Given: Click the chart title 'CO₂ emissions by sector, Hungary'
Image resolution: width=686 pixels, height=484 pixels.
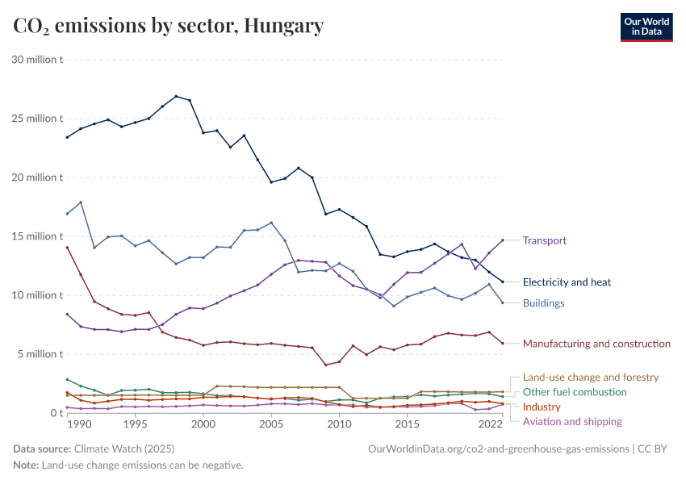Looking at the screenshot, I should (x=169, y=26).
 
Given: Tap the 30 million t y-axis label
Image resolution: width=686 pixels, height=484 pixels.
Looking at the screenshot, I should (x=37, y=60).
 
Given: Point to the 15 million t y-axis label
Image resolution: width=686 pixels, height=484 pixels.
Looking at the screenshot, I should (x=37, y=236).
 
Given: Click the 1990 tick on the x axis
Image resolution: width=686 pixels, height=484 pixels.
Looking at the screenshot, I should (x=79, y=424).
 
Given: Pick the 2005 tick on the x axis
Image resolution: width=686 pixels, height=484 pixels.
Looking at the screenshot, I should (x=271, y=424).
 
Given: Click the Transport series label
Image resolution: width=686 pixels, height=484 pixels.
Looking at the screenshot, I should (x=545, y=240).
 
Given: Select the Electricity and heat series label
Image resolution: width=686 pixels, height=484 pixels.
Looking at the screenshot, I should (x=567, y=282).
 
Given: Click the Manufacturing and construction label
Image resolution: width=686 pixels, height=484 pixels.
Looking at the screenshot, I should (x=596, y=344).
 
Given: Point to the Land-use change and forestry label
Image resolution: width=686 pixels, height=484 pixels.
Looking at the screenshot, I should (x=591, y=377).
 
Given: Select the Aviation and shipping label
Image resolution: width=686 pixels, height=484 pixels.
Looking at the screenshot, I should (x=572, y=421).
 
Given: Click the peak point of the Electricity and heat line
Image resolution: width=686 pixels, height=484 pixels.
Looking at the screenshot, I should (x=176, y=96).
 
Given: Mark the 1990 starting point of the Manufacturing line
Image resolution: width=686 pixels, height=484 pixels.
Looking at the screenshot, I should (x=67, y=248).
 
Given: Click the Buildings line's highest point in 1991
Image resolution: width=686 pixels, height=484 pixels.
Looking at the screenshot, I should (x=81, y=202).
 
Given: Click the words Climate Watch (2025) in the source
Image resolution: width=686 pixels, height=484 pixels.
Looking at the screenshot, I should (x=123, y=449).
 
